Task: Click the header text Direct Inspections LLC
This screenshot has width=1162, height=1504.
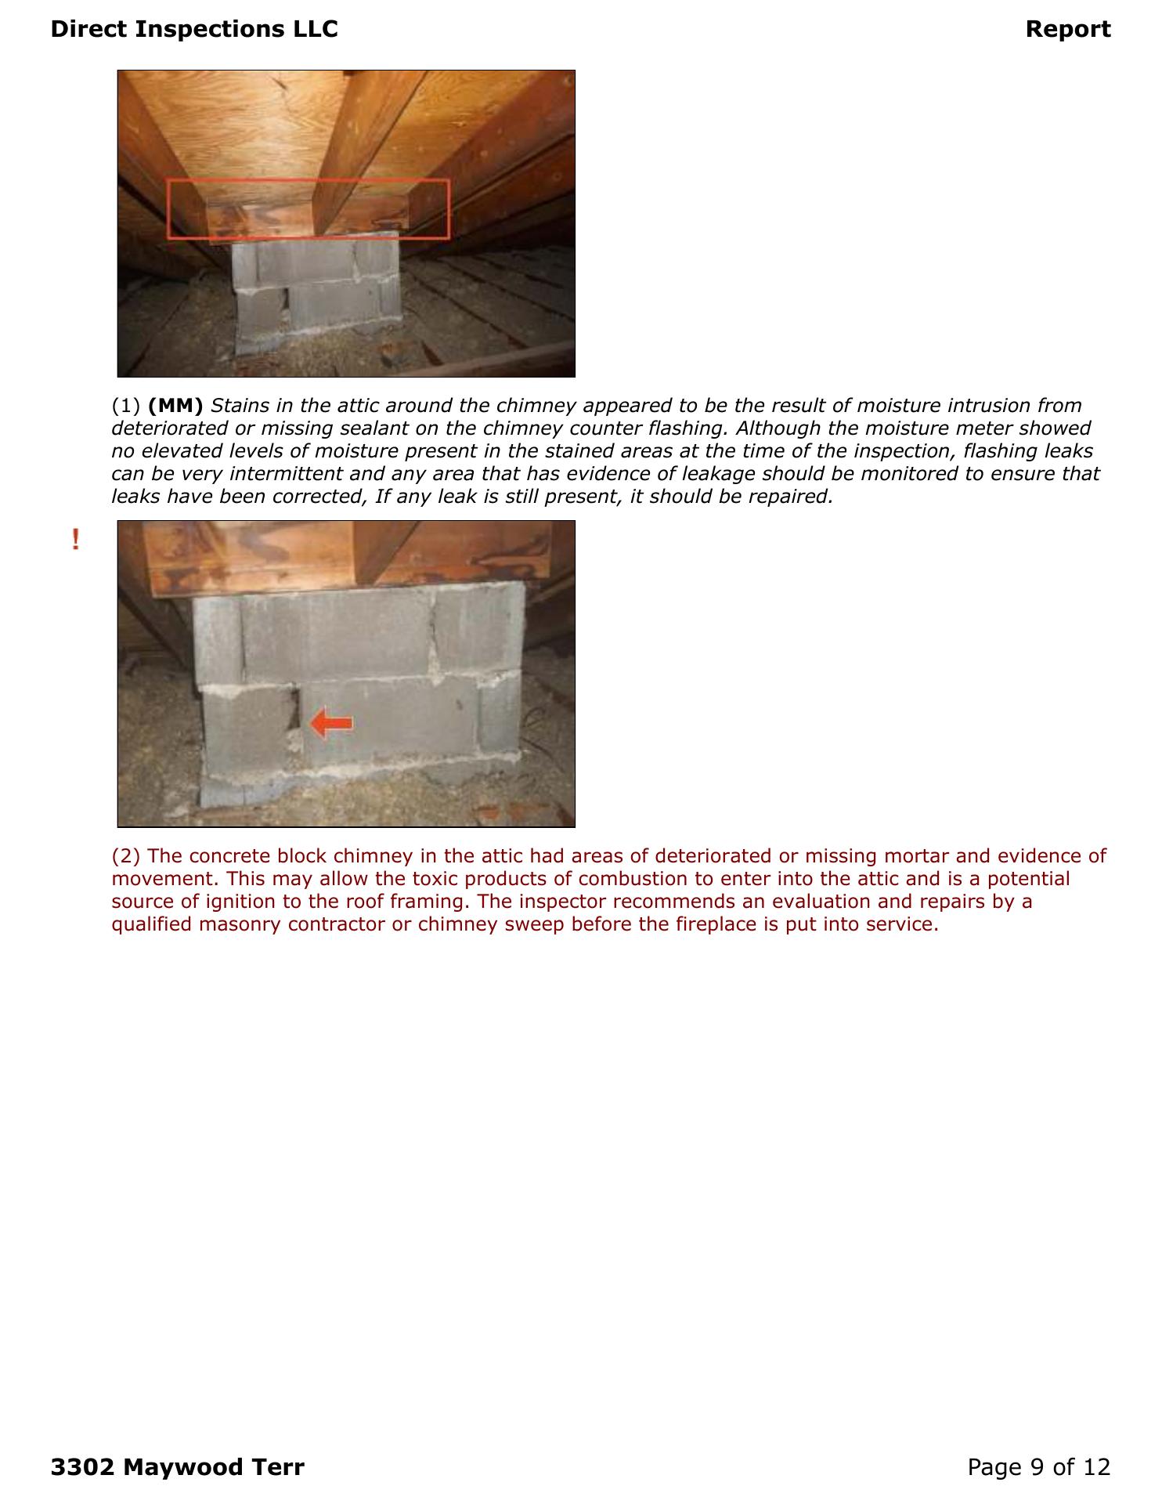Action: [x=193, y=29]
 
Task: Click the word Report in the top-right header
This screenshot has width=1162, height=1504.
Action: [x=1067, y=29]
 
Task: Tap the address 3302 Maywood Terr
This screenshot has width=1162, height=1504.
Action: [x=177, y=1466]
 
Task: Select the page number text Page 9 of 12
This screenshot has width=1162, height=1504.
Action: [x=1038, y=1466]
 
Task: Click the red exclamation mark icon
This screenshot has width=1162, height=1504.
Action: [x=75, y=540]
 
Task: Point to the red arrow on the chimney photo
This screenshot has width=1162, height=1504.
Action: [x=330, y=723]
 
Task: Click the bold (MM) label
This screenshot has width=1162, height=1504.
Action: [x=175, y=406]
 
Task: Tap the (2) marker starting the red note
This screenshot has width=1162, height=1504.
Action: [x=126, y=856]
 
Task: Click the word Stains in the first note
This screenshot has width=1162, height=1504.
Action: [x=238, y=406]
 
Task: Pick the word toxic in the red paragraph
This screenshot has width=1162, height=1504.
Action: [x=435, y=879]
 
